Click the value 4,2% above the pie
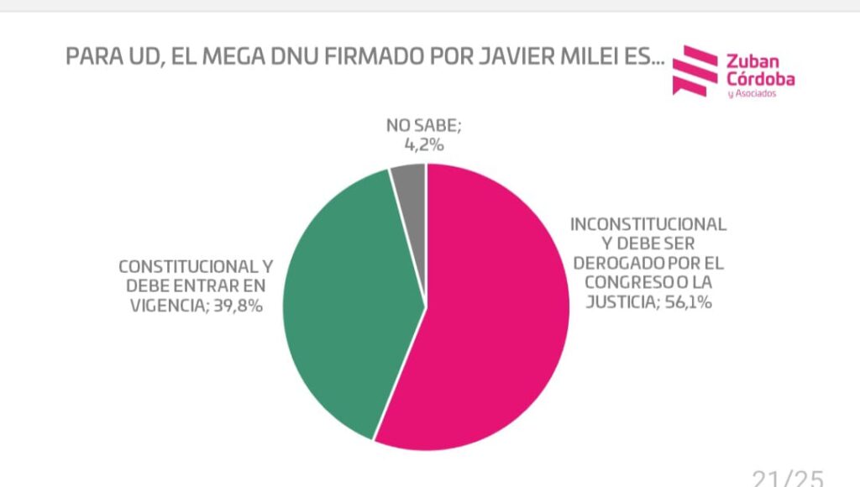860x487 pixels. (424, 144)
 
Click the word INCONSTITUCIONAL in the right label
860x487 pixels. (648, 224)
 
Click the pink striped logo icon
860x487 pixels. (695, 71)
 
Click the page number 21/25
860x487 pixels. (788, 478)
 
